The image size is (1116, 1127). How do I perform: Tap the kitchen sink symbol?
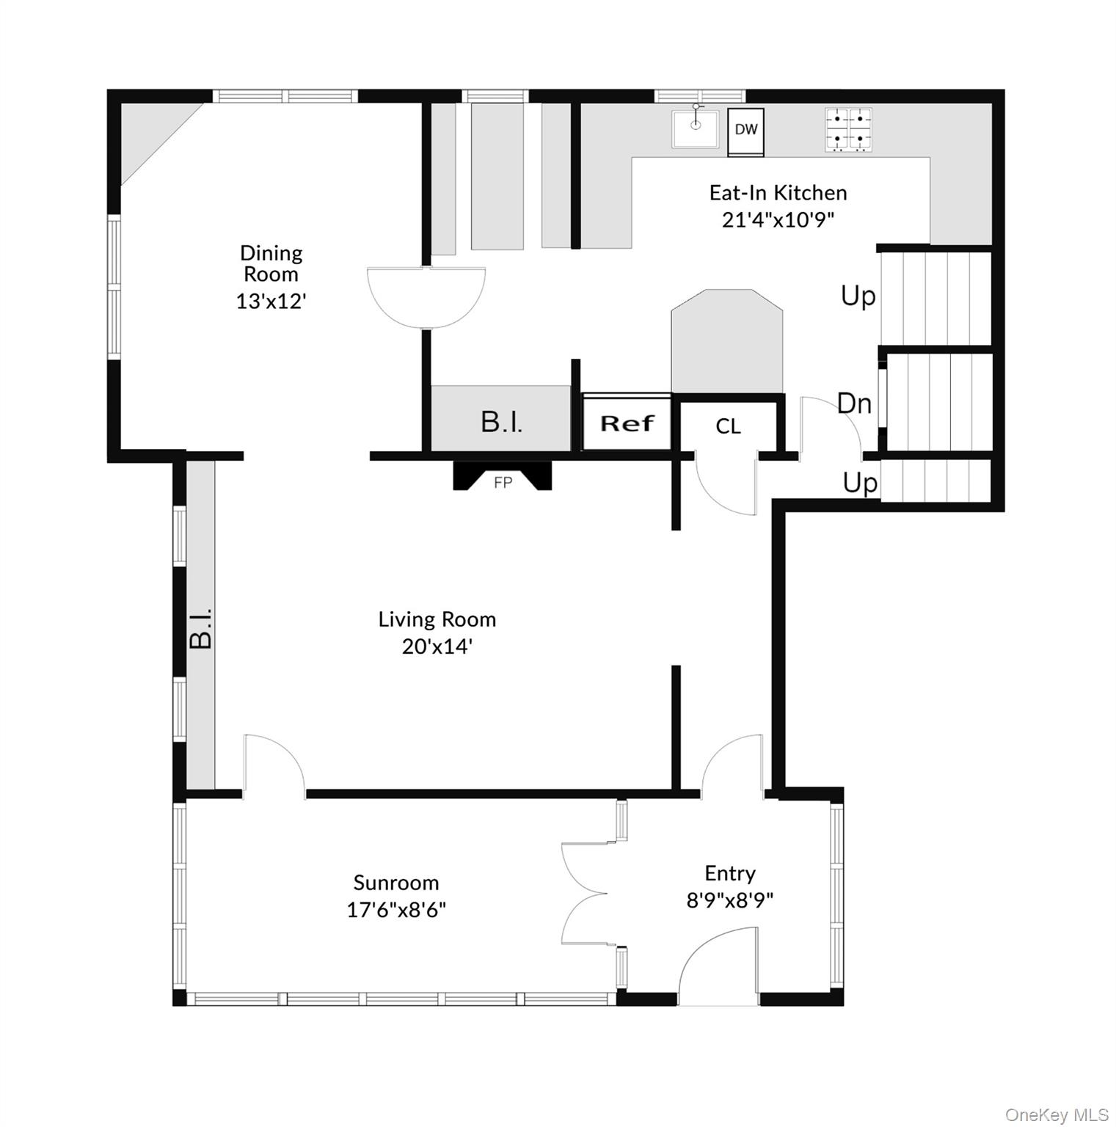(x=696, y=128)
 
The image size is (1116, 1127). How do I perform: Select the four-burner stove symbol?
(x=849, y=130)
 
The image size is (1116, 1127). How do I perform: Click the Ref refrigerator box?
(x=627, y=423)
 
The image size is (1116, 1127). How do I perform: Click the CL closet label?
(x=728, y=426)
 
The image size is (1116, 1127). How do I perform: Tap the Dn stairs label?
(x=855, y=403)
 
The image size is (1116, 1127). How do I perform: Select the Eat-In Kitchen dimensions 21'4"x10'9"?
(x=778, y=219)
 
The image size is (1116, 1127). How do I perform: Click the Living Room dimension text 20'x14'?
(x=437, y=646)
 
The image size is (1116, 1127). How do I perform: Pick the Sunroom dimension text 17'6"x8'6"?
(x=396, y=910)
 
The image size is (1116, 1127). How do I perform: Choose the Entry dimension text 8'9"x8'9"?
(x=730, y=900)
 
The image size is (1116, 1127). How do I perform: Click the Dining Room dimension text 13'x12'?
(x=271, y=301)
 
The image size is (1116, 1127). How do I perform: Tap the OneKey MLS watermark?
(x=1057, y=1115)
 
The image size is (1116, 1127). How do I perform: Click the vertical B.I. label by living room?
(x=200, y=627)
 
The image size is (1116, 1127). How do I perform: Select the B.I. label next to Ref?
(x=502, y=422)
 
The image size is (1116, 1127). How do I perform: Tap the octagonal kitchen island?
(x=726, y=341)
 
